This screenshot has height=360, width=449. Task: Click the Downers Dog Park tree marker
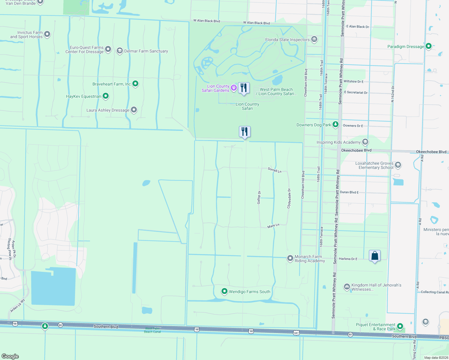point(336,125)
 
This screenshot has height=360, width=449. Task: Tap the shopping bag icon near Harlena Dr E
point(375,256)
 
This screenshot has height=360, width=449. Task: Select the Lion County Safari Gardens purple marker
point(234,88)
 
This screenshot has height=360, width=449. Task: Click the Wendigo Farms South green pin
point(224,291)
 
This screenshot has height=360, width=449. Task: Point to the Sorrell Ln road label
point(275,170)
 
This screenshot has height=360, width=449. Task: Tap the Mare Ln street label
point(273,226)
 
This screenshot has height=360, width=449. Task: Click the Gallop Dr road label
point(259,197)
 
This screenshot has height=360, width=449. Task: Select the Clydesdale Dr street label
point(289,198)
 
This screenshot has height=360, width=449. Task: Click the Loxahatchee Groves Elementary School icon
point(398,165)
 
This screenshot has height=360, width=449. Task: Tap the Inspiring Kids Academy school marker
point(365,142)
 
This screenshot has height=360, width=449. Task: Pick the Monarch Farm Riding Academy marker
point(290,258)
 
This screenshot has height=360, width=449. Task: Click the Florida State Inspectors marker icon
point(314,39)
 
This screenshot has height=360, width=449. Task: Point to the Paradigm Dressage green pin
point(429,46)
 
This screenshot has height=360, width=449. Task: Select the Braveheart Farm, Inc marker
point(135,84)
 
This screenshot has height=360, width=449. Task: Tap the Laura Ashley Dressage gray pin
point(134,110)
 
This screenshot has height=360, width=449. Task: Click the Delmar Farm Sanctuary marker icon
point(120,51)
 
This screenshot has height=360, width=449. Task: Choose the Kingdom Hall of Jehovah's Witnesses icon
point(347,287)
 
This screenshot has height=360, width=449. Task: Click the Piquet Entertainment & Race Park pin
point(400,326)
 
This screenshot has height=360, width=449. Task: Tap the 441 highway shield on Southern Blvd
point(296,332)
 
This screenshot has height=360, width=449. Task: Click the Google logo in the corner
point(10,356)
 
